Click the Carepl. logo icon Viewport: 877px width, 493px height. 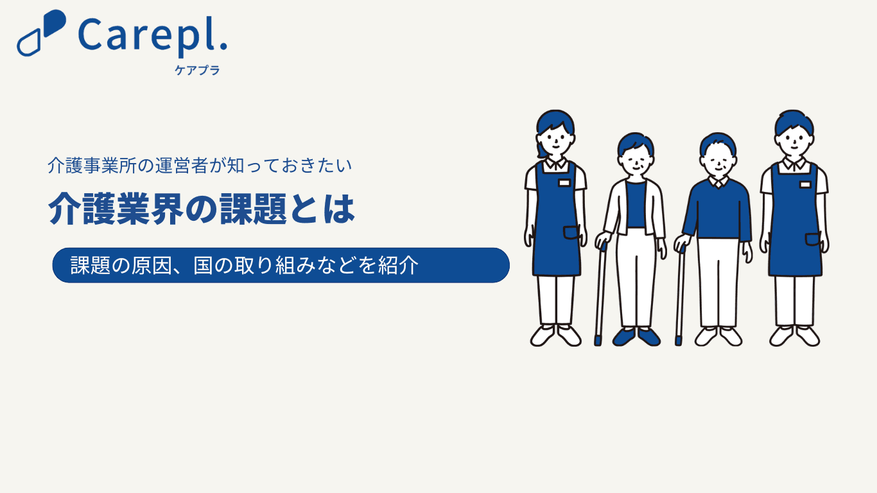[41, 33]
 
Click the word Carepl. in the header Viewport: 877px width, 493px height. [153, 37]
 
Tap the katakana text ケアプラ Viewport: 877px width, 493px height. [197, 71]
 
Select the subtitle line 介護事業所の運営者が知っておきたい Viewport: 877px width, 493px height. [200, 166]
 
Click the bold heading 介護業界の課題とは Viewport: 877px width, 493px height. [202, 209]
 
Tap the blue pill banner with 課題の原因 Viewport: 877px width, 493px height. [281, 265]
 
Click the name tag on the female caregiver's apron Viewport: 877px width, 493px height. [564, 183]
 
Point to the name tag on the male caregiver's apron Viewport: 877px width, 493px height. [805, 184]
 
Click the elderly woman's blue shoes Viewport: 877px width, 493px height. [636, 337]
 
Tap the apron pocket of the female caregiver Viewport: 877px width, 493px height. [571, 232]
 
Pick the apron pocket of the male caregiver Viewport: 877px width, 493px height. [813, 239]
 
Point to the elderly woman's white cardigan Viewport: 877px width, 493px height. [635, 207]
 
